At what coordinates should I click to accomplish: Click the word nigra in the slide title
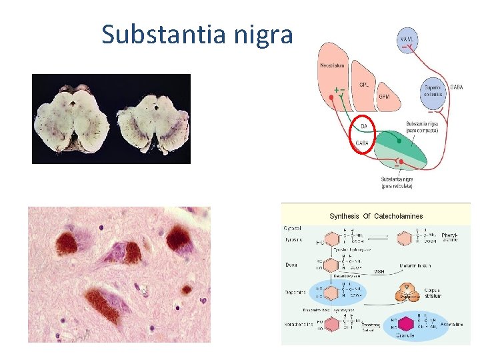(265, 35)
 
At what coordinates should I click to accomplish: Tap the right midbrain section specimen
(152, 121)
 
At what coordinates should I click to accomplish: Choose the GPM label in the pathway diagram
(385, 97)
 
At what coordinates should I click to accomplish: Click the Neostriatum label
(333, 65)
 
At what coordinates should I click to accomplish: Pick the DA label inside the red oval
(363, 125)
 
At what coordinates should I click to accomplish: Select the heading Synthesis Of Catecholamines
(377, 216)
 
